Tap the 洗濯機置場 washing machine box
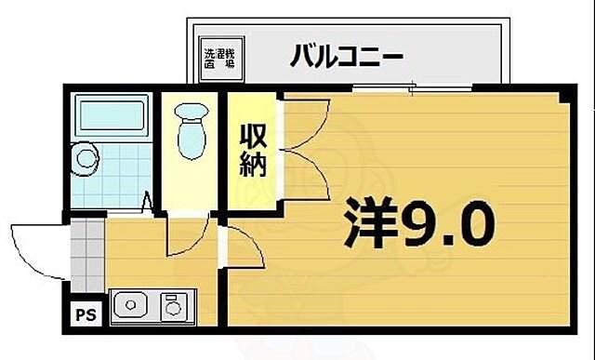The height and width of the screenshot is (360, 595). (219, 55)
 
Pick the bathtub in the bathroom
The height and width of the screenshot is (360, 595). (112, 118)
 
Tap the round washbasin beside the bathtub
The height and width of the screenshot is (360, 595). (86, 158)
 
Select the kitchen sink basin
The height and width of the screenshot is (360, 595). (132, 304)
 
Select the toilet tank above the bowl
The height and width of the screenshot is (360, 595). (193, 112)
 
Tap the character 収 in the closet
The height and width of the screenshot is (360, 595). (255, 136)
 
